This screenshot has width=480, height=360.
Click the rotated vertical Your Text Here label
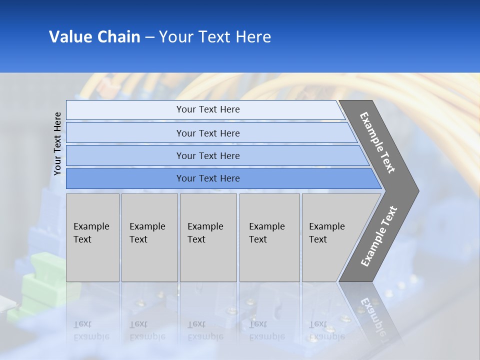coord(57,143)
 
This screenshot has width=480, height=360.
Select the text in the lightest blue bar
coord(208,109)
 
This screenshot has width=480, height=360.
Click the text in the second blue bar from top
coord(208,133)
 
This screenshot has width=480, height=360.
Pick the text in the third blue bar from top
coord(208,155)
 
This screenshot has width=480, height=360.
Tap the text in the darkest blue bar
coord(208,178)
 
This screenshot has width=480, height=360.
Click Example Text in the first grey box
coord(91,233)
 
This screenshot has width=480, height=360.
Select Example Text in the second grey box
coord(147,233)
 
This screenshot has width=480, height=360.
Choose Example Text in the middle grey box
coord(205,233)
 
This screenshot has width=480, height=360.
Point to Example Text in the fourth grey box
coord(266,233)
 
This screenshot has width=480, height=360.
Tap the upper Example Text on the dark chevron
coord(377,143)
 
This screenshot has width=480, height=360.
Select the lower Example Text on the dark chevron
coord(378,236)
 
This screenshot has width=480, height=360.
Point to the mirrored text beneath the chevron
coord(372,315)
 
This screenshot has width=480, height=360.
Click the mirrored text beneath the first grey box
coord(91,330)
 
